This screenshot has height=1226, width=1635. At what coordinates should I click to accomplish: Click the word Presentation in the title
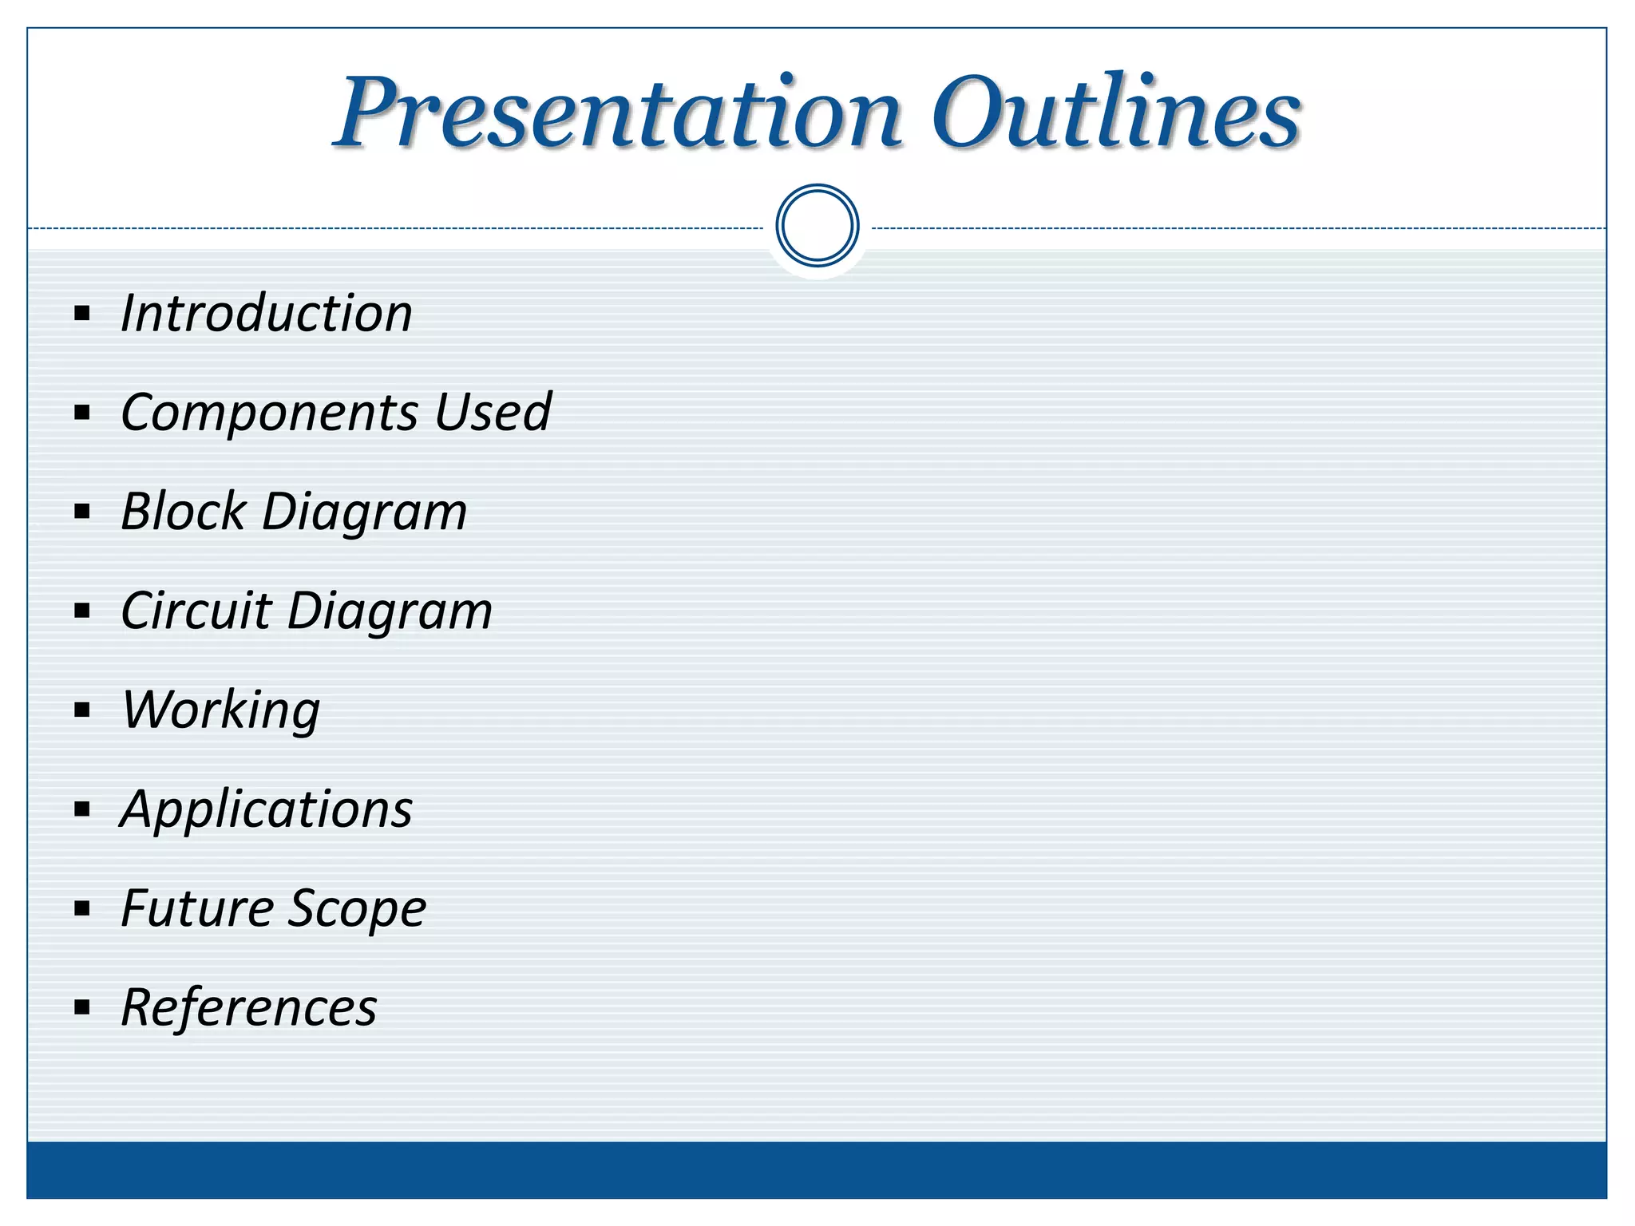[x=619, y=113]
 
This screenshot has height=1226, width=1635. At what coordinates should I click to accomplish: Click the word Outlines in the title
[x=1116, y=113]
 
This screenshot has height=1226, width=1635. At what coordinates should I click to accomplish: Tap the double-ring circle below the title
[x=817, y=226]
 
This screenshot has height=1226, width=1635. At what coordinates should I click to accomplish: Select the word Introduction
[x=267, y=313]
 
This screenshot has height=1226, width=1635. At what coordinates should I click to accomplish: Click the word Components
[x=270, y=413]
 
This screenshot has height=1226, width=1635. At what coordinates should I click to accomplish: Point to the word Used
[x=493, y=412]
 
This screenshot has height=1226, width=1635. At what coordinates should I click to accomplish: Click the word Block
[x=184, y=511]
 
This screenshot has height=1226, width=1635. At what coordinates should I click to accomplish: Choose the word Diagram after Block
[x=364, y=512]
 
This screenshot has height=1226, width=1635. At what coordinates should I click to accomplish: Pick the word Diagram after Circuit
[x=390, y=612]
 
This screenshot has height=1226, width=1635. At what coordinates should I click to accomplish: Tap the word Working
[x=221, y=710]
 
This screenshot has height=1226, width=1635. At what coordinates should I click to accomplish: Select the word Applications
[x=267, y=810]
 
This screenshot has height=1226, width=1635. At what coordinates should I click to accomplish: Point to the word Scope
[x=357, y=910]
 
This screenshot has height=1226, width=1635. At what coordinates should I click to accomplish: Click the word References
[x=249, y=1007]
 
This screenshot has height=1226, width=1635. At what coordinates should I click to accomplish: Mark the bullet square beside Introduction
[x=82, y=313]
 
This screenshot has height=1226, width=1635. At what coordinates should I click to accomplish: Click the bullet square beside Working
[x=82, y=710]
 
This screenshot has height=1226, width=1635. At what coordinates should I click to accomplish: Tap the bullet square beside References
[x=82, y=1007]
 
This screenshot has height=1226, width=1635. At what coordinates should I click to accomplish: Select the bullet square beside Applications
[x=82, y=809]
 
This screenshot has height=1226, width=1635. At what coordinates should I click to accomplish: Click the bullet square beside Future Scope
[x=82, y=908]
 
